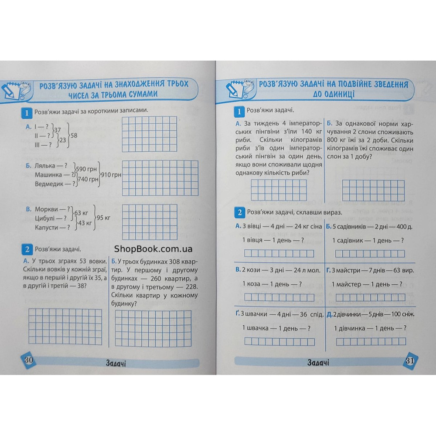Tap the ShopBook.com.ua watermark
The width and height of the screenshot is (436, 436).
(x=153, y=249)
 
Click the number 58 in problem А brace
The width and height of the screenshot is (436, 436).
(x=74, y=136)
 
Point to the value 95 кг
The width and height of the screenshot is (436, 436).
(x=103, y=218)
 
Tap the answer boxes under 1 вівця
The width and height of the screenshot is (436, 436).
(x=279, y=253)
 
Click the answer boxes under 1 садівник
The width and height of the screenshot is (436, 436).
(x=369, y=253)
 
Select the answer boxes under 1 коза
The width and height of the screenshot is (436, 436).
(x=279, y=297)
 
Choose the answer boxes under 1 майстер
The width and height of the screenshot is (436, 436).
(x=369, y=297)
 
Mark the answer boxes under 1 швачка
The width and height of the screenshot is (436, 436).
(x=279, y=341)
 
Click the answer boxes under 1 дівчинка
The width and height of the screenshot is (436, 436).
(x=369, y=341)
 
